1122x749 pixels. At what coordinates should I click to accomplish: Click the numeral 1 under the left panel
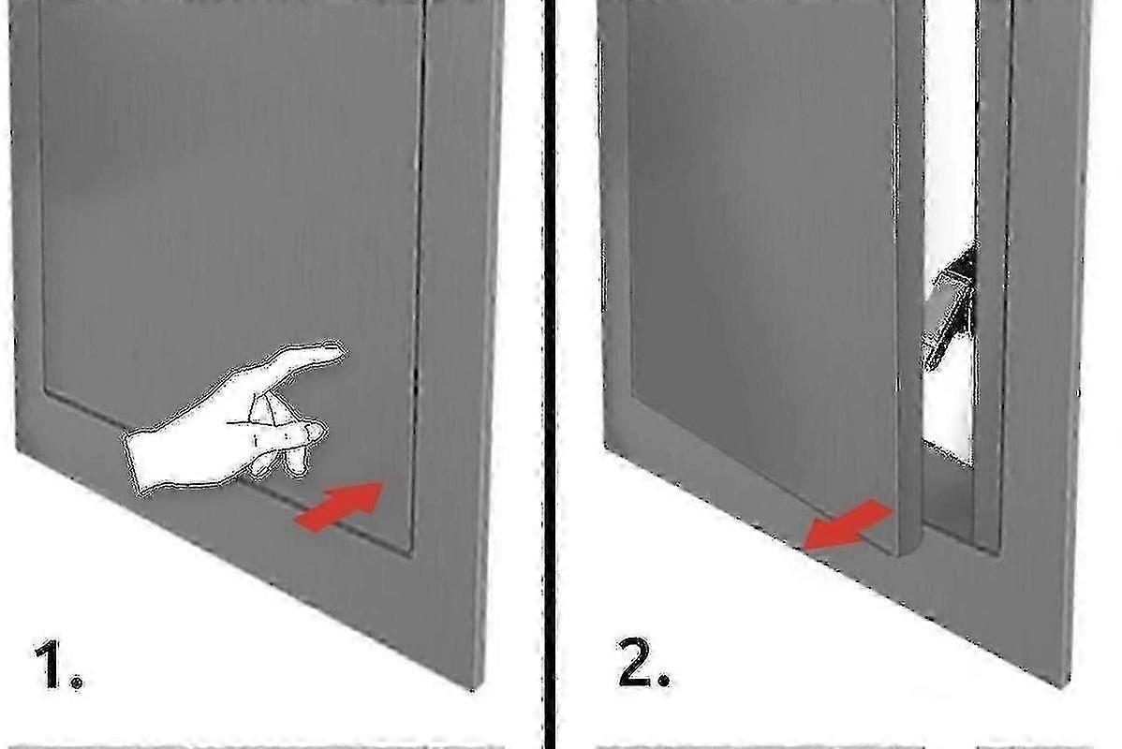pos(52,666)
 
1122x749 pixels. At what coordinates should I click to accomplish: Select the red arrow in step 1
pos(339,506)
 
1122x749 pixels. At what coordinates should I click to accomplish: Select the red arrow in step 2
pos(849,525)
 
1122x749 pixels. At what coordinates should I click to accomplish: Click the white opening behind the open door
pos(951,236)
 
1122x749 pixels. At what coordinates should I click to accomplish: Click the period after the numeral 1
pos(77,683)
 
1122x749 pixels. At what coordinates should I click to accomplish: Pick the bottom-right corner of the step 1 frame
pos(474,688)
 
